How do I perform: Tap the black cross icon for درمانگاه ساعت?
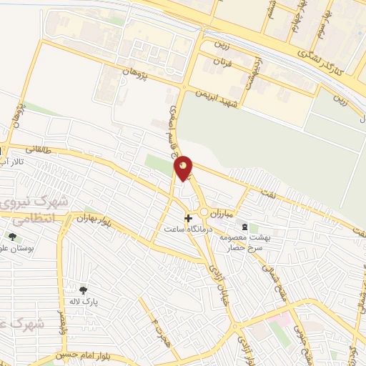tap(188, 218)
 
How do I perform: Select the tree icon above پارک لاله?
tap(84, 290)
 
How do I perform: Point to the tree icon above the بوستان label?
tap(12, 237)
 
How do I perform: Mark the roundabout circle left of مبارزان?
tap(204, 212)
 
